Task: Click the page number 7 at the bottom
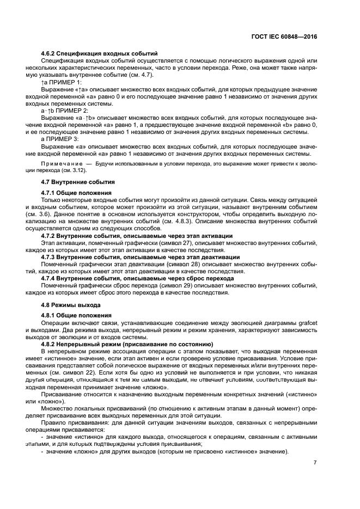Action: click(315, 464)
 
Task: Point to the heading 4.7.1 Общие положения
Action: click(76, 193)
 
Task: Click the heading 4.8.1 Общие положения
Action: click(76, 316)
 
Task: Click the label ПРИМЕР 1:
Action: click(66, 81)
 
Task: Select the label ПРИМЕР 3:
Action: click(64, 138)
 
